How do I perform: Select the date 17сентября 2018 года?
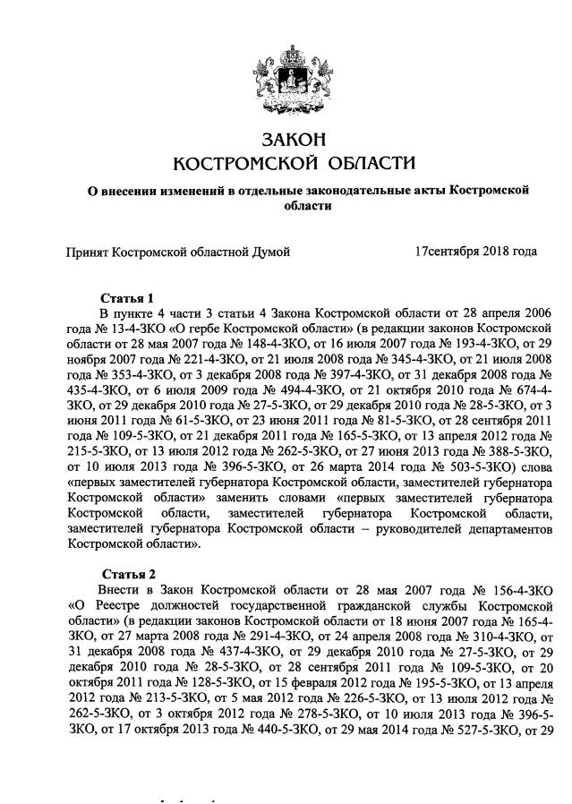coord(475,252)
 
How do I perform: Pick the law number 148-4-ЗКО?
coord(231,345)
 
